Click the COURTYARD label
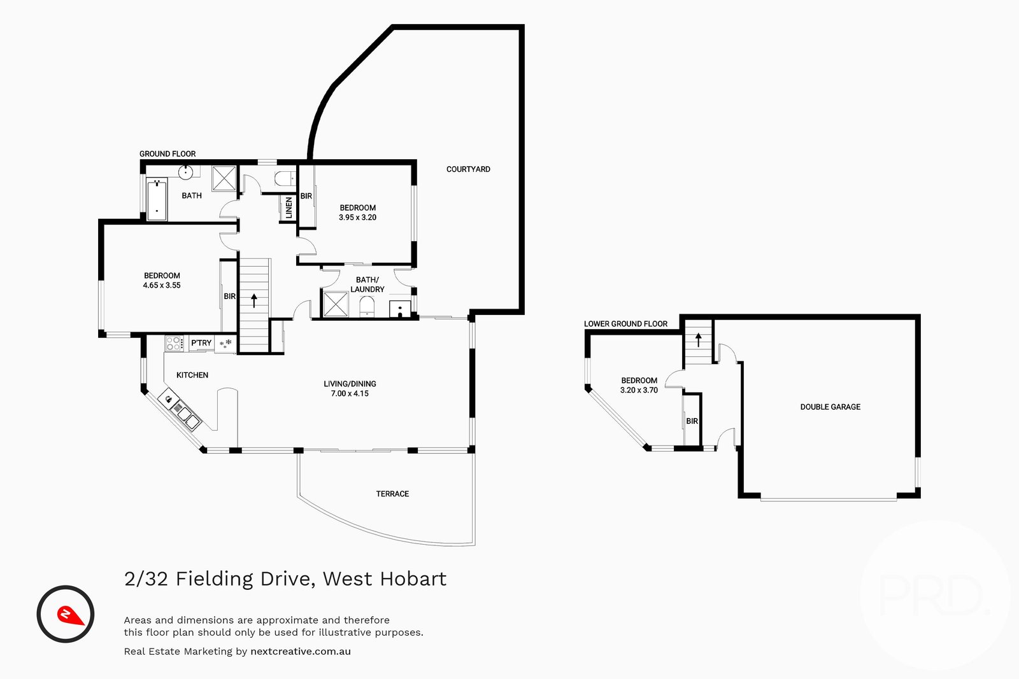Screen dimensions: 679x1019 coord(468,169)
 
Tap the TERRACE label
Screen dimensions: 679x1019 coord(392,494)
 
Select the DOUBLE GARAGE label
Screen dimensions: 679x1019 coord(830,407)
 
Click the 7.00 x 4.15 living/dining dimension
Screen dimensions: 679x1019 coord(350,394)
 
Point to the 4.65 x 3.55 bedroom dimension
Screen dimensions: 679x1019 coord(162,286)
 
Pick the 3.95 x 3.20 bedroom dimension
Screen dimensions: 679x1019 coord(357,218)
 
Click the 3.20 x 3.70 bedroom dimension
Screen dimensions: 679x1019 coord(639,390)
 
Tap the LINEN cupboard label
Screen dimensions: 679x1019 coord(289,208)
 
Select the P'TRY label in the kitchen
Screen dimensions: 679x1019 coord(201,343)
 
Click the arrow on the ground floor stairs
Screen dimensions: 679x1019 coord(254,300)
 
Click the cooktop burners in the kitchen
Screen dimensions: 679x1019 coord(174,344)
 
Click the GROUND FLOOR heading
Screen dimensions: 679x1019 coord(167,154)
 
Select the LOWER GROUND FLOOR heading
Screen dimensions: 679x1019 coord(625,324)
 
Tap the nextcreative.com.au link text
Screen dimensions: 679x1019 coord(301,652)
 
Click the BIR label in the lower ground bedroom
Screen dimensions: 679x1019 coord(692,421)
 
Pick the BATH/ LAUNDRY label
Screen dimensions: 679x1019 coord(367,284)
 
